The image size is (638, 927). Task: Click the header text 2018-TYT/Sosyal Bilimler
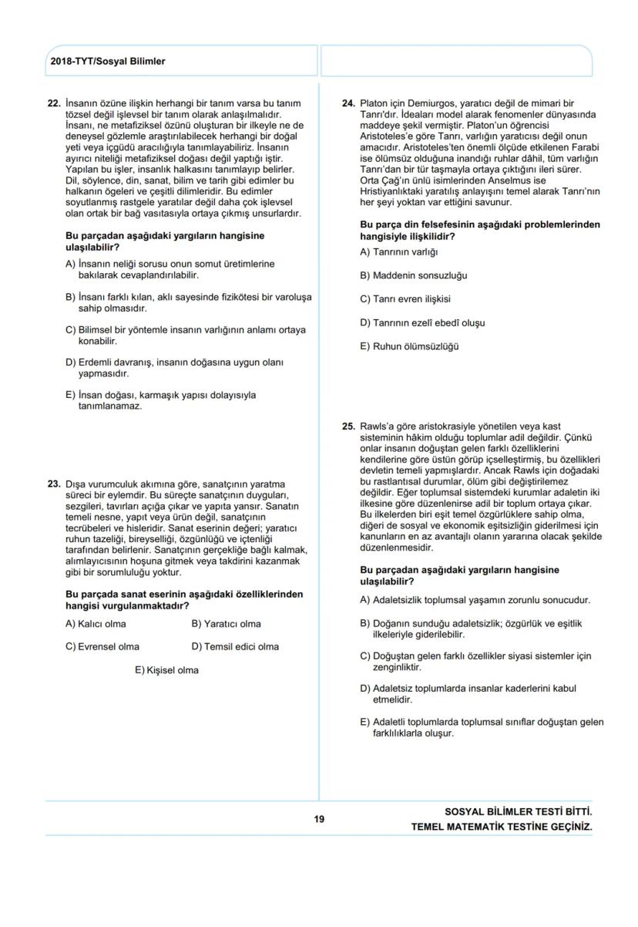(x=106, y=62)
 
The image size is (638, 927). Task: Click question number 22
(x=54, y=103)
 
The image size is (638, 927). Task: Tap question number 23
(x=54, y=484)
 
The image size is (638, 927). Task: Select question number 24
(x=348, y=103)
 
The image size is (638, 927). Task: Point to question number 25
(x=348, y=426)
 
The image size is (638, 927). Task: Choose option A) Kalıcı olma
(x=96, y=624)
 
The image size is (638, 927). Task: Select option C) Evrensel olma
(x=102, y=647)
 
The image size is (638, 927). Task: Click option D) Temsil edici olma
(x=235, y=647)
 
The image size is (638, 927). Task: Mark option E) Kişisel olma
(x=166, y=670)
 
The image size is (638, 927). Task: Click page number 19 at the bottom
(x=318, y=819)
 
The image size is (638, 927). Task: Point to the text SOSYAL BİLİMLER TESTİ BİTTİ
(x=519, y=812)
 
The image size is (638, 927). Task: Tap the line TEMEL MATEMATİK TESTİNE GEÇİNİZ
(x=502, y=827)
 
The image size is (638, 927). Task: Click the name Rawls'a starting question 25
(x=377, y=426)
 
